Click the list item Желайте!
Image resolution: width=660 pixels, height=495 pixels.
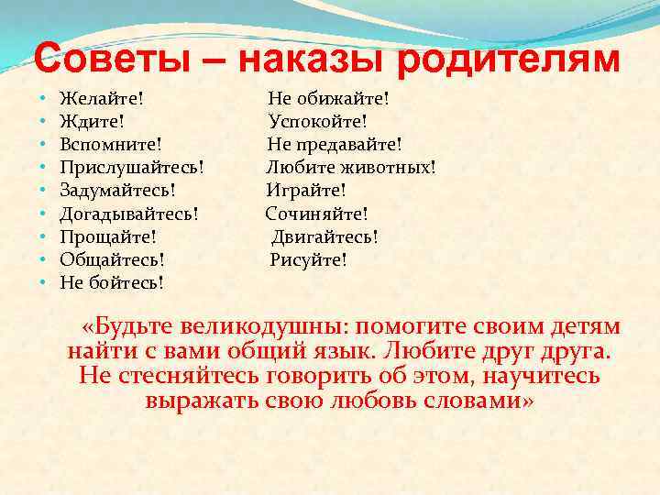click(x=101, y=97)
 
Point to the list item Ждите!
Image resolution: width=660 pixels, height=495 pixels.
click(x=92, y=120)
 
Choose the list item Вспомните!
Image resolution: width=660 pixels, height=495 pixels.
click(x=110, y=144)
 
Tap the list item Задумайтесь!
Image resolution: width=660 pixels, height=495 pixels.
click(x=117, y=190)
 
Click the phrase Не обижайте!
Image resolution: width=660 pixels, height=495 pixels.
click(x=328, y=97)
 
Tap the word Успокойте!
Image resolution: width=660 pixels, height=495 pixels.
click(x=318, y=120)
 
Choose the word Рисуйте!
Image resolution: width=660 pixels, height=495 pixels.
click(x=309, y=259)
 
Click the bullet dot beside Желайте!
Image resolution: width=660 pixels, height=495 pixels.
click(x=43, y=97)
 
